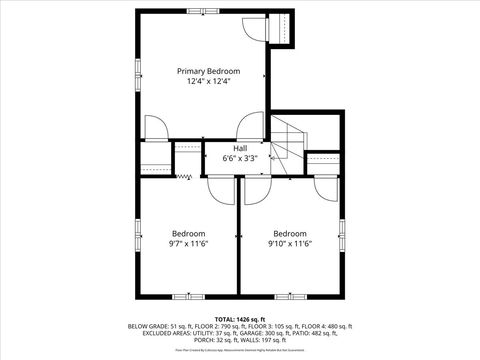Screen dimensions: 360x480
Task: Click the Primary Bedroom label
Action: pyautogui.click(x=209, y=71)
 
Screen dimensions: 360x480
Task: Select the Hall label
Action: pyautogui.click(x=241, y=147)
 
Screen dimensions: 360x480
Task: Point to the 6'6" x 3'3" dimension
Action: pyautogui.click(x=241, y=157)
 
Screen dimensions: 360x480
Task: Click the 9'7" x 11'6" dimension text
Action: pyautogui.click(x=188, y=243)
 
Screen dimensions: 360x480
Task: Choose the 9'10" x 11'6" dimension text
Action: pyautogui.click(x=290, y=243)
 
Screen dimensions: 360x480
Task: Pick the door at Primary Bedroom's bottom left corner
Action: pyautogui.click(x=156, y=128)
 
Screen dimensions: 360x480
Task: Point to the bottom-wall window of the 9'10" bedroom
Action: pyautogui.click(x=290, y=295)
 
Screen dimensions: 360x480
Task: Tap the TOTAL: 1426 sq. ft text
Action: pyautogui.click(x=240, y=317)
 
